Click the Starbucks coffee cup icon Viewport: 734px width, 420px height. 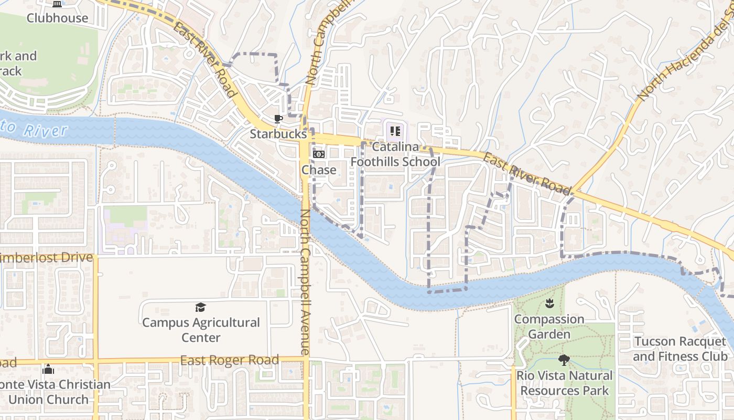(278, 119)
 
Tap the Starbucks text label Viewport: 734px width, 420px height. (277, 134)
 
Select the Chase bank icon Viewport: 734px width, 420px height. (319, 154)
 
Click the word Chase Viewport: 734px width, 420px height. (319, 170)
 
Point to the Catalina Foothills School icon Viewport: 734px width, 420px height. (395, 131)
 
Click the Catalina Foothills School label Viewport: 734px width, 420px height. (395, 154)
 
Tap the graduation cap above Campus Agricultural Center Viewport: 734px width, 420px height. (200, 307)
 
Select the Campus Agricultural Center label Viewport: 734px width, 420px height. (201, 330)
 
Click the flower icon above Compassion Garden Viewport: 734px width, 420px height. (549, 303)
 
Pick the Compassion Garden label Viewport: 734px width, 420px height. (549, 327)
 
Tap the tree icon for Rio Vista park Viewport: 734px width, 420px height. (564, 360)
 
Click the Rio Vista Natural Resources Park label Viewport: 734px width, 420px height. (564, 383)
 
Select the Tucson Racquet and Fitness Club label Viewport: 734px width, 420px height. (680, 349)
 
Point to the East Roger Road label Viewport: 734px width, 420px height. (229, 361)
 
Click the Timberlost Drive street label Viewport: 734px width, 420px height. (47, 258)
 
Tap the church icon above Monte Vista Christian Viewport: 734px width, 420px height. (48, 370)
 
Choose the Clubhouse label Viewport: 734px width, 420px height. (58, 18)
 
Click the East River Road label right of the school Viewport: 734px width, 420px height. (526, 173)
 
